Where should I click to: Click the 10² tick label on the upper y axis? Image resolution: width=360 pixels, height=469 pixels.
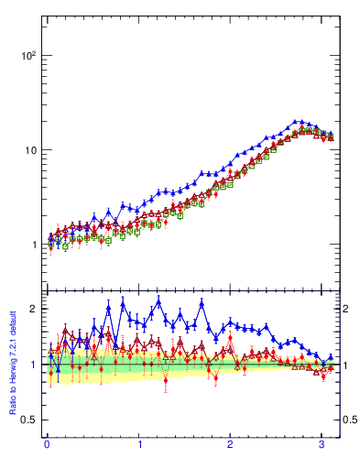click(28, 55)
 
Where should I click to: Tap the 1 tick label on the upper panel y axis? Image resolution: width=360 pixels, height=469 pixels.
click(33, 245)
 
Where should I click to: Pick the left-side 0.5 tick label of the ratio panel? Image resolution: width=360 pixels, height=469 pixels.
click(28, 420)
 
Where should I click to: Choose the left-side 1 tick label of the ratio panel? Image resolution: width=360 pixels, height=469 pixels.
click(33, 365)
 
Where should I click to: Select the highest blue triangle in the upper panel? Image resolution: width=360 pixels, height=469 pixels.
click(295, 121)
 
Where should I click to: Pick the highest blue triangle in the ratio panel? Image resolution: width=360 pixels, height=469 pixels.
click(158, 301)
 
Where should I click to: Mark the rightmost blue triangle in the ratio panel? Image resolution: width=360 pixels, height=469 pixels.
click(330, 357)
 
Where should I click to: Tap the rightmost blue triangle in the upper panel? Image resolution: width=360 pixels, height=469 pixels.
click(330, 136)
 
